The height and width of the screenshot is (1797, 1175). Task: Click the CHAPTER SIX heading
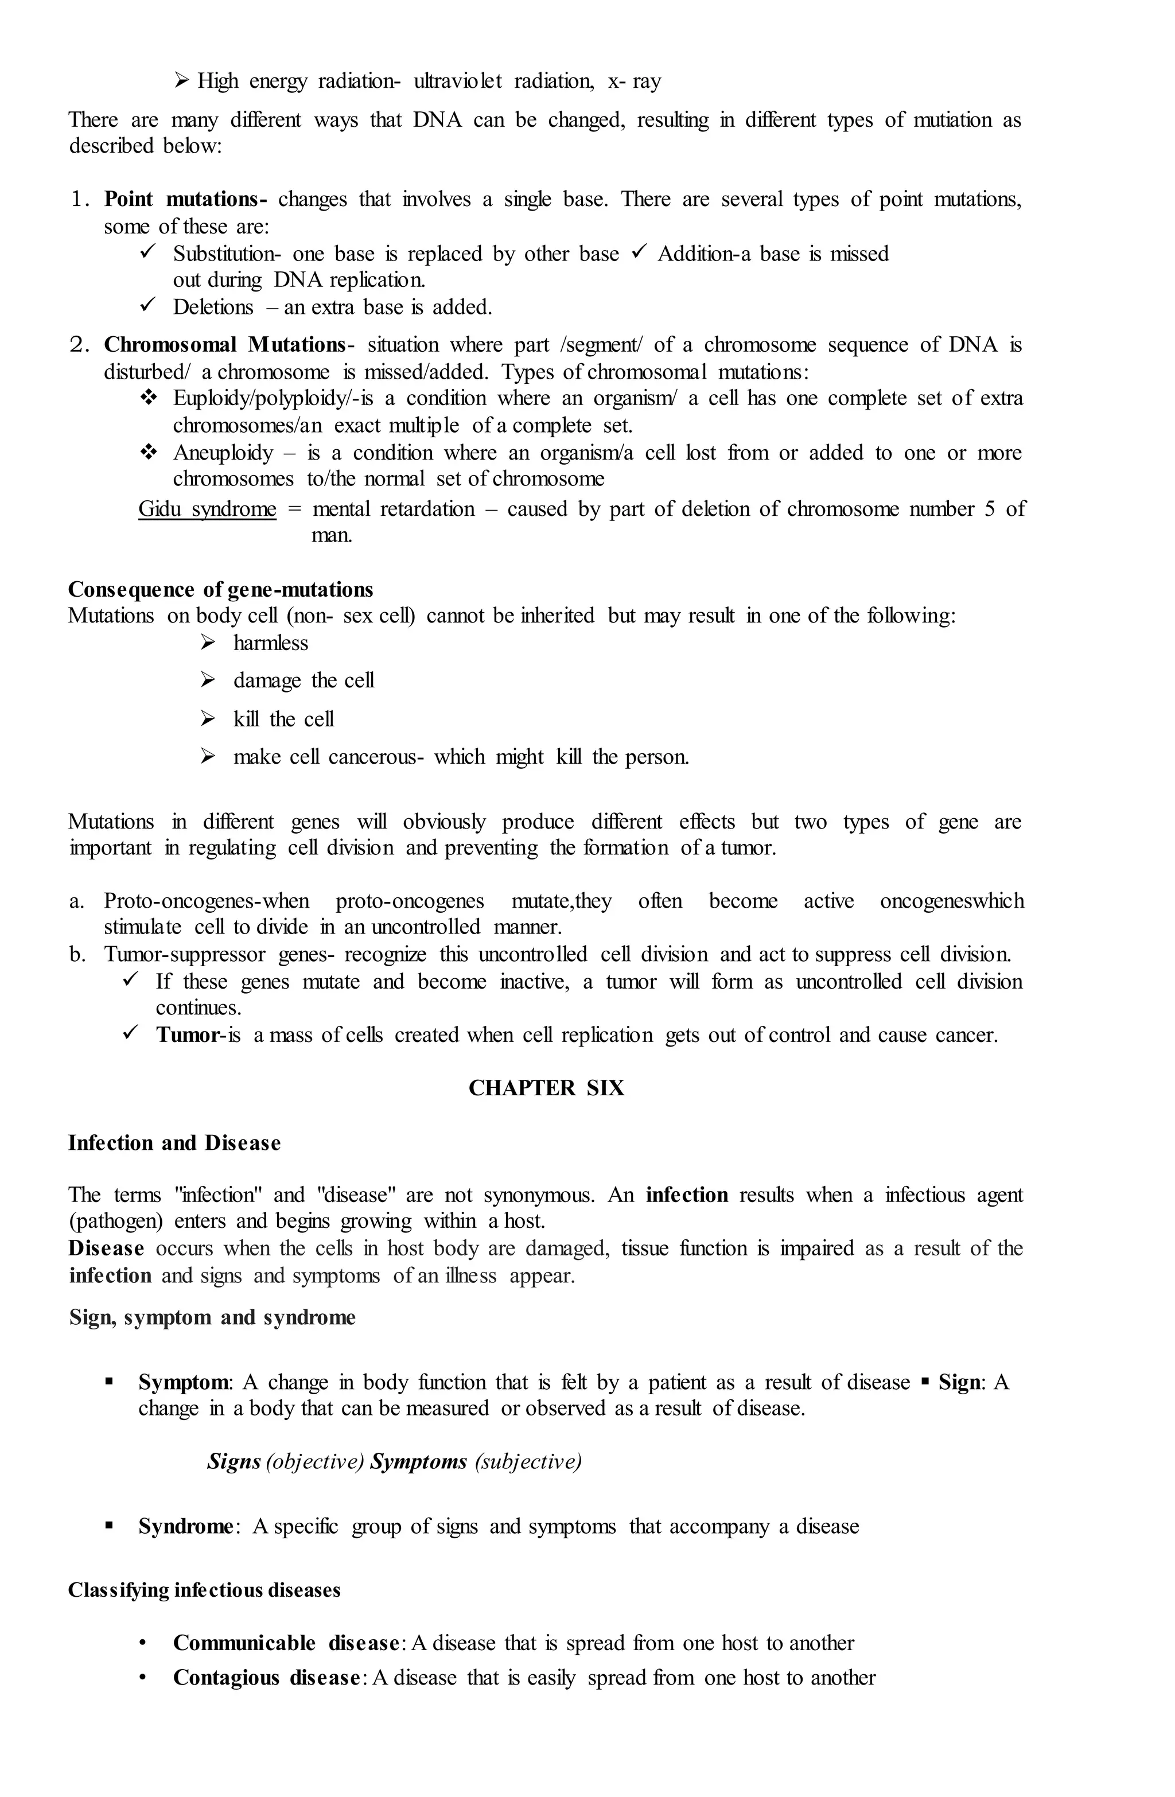pyautogui.click(x=546, y=1088)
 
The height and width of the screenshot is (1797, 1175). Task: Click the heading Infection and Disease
pyautogui.click(x=174, y=1143)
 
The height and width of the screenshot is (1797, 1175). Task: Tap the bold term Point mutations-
pyautogui.click(x=185, y=199)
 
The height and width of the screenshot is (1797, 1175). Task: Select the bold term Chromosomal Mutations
pyautogui.click(x=224, y=345)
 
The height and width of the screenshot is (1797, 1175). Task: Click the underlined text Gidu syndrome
pyautogui.click(x=207, y=509)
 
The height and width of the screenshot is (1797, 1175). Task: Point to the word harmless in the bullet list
pyautogui.click(x=270, y=643)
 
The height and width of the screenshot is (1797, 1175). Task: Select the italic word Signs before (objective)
pyautogui.click(x=234, y=1462)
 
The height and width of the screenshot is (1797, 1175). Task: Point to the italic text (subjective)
pyautogui.click(x=528, y=1462)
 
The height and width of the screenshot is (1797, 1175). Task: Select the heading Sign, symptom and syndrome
pyautogui.click(x=212, y=1317)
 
